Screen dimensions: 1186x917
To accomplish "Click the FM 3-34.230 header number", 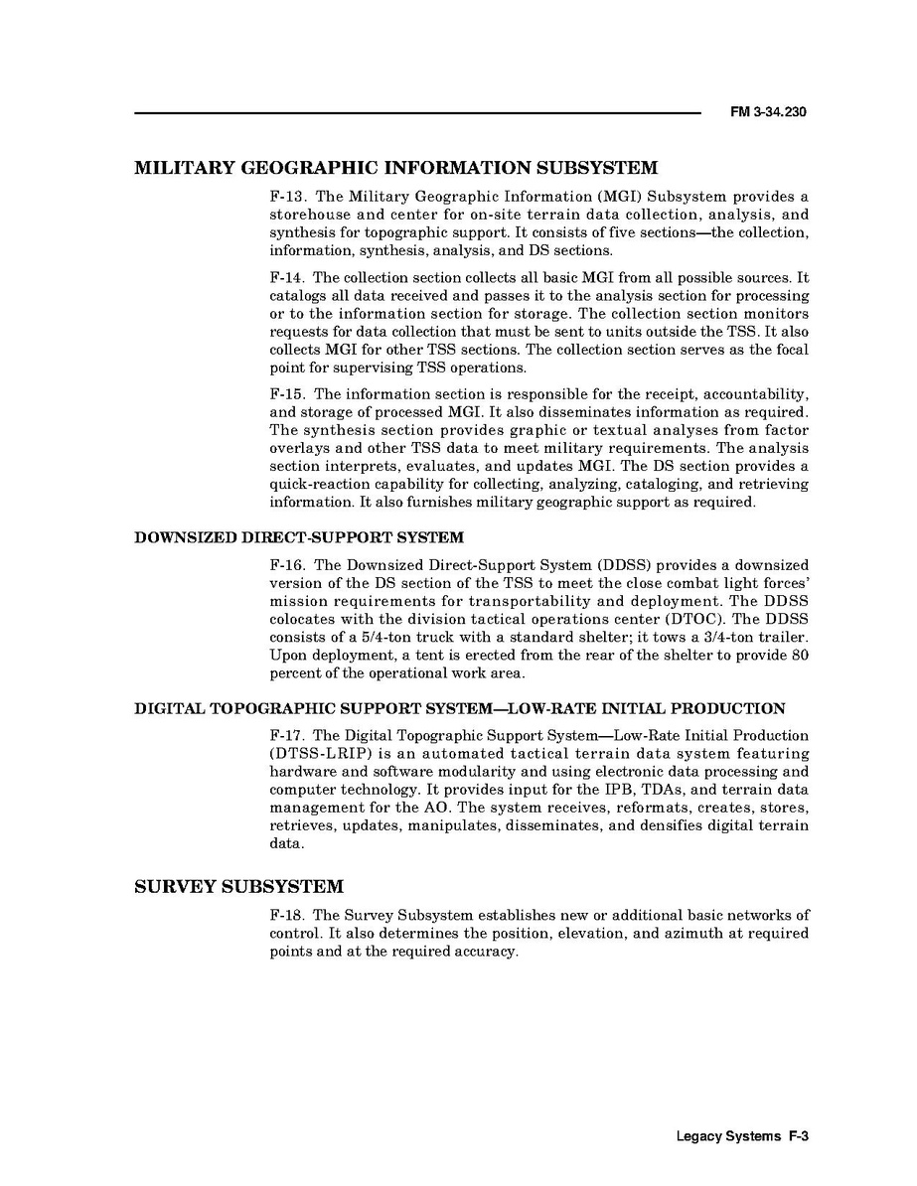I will (x=767, y=112).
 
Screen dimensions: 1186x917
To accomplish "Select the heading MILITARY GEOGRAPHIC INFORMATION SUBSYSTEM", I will (x=396, y=167).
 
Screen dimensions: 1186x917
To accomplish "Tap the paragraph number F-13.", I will (x=286, y=197).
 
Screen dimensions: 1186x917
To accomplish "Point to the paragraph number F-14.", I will (x=286, y=278).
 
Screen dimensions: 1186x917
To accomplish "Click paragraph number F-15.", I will (x=286, y=394).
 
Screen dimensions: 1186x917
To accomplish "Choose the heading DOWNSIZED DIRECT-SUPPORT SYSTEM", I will (x=299, y=538).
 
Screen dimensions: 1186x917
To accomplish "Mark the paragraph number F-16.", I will (x=286, y=565).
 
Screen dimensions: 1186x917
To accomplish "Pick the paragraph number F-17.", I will (x=286, y=736).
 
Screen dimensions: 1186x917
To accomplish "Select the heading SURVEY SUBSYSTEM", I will (x=238, y=886).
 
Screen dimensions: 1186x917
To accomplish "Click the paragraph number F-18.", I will (x=286, y=915).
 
